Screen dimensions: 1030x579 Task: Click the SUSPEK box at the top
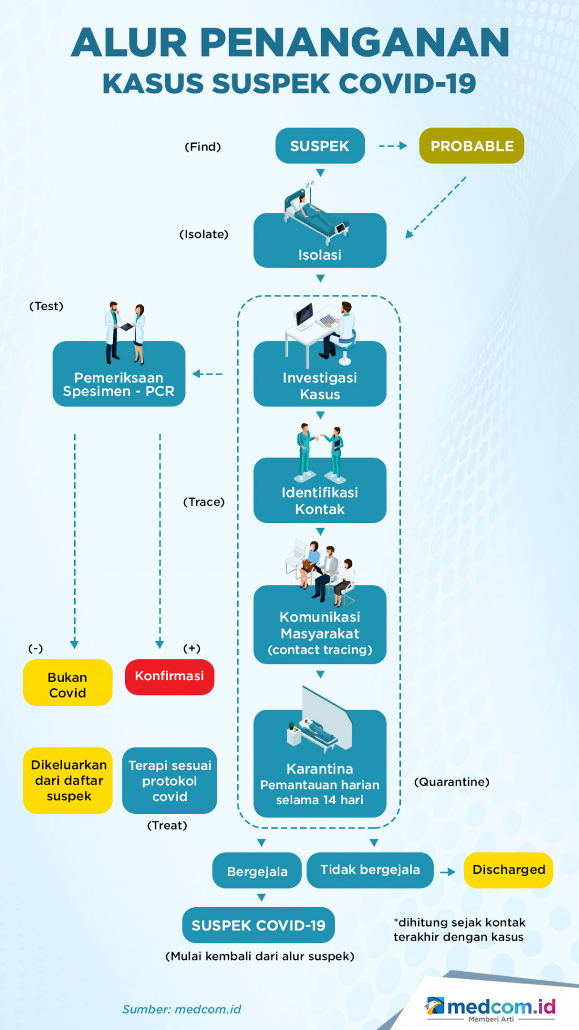[320, 146]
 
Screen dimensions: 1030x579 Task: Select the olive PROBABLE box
[472, 146]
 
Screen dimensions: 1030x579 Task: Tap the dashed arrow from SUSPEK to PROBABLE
[393, 146]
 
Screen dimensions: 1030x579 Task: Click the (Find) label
[203, 147]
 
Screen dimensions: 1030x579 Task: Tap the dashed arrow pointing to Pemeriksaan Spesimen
[208, 374]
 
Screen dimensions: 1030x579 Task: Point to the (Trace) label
[204, 502]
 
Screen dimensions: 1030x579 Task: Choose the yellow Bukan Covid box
[68, 683]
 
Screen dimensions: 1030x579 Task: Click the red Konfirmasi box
[170, 677]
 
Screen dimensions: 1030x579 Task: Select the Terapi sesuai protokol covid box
[170, 781]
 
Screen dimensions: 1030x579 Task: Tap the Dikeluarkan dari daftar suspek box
[68, 780]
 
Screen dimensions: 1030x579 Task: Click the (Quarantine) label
[452, 782]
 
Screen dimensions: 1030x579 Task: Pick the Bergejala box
[257, 871]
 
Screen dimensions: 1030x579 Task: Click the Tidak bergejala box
[370, 870]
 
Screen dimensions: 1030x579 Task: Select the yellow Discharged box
[508, 870]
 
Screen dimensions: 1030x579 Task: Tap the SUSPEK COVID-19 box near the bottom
[258, 925]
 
